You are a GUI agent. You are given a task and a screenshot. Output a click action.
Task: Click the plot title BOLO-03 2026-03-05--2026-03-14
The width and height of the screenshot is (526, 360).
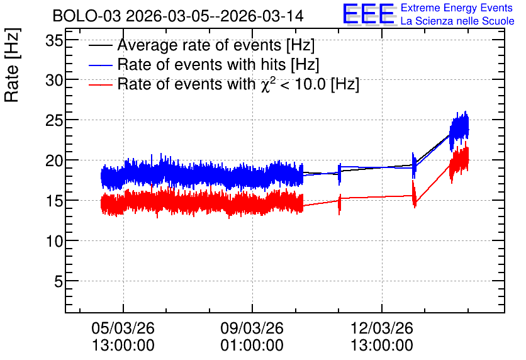pyautogui.click(x=178, y=16)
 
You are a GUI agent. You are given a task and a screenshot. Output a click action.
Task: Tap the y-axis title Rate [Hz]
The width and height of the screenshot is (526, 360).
pyautogui.click(x=12, y=65)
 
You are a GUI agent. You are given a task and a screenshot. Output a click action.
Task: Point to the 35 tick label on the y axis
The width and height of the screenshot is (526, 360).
pyautogui.click(x=54, y=41)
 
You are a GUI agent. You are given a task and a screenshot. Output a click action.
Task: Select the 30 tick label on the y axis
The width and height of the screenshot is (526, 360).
pyautogui.click(x=54, y=80)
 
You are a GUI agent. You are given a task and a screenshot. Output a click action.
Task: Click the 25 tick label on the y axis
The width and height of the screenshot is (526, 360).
pyautogui.click(x=54, y=120)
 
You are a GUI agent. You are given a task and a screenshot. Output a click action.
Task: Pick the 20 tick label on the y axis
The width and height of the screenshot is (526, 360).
pyautogui.click(x=54, y=160)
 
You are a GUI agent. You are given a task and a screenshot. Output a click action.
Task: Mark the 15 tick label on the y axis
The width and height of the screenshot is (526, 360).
pyautogui.click(x=54, y=201)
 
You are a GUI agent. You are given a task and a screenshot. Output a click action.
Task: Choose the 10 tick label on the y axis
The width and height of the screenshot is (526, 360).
pyautogui.click(x=54, y=241)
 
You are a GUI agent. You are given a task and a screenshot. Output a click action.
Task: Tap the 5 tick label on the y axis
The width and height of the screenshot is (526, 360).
pyautogui.click(x=59, y=281)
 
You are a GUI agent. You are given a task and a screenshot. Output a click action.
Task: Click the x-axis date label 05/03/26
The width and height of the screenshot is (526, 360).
pyautogui.click(x=123, y=328)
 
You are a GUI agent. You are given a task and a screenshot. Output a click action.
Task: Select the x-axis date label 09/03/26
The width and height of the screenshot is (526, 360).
pyautogui.click(x=252, y=328)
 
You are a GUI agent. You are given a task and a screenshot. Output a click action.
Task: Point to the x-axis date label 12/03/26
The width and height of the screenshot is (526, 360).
pyautogui.click(x=382, y=328)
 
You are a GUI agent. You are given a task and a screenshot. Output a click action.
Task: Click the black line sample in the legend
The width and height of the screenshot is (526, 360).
pyautogui.click(x=100, y=45)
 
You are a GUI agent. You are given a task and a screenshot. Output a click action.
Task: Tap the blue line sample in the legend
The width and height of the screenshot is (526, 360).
pyautogui.click(x=100, y=65)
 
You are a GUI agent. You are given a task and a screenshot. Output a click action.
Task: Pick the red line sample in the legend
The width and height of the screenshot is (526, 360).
pyautogui.click(x=100, y=84)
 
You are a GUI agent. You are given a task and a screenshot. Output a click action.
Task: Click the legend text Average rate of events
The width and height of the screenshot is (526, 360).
pyautogui.click(x=199, y=45)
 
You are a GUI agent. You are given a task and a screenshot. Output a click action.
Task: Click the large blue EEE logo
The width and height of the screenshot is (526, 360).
pyautogui.click(x=369, y=14)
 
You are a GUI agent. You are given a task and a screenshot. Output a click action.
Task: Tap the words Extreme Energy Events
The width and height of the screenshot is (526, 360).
pyautogui.click(x=457, y=8)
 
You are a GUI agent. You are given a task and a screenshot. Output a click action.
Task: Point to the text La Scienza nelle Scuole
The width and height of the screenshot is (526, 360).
pyautogui.click(x=457, y=21)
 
